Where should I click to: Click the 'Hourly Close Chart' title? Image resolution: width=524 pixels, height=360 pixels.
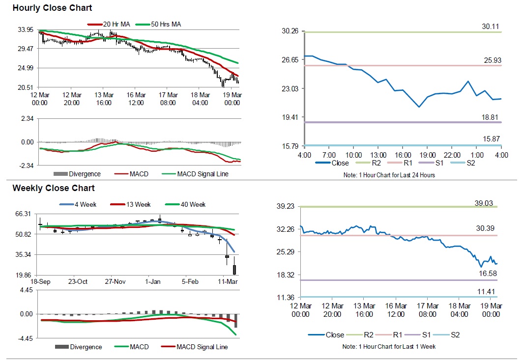(x=52, y=8)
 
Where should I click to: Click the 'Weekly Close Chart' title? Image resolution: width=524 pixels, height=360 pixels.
(x=54, y=188)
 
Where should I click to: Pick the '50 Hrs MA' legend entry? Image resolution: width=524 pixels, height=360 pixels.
(x=165, y=24)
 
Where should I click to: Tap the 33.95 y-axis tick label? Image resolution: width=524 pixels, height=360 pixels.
(x=25, y=30)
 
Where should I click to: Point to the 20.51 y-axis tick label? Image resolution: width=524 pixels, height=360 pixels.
(x=25, y=87)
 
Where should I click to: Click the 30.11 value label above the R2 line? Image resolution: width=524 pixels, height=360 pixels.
(x=492, y=27)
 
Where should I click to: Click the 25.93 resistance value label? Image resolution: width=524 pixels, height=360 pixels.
(x=492, y=60)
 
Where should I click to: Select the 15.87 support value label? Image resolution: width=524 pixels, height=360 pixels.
(x=492, y=139)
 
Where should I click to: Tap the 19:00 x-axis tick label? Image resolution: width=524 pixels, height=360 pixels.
(x=427, y=155)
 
